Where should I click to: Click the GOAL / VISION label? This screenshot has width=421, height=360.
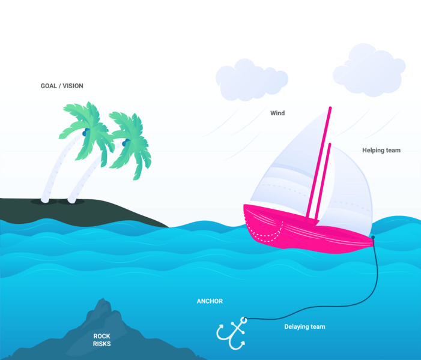(x=62, y=86)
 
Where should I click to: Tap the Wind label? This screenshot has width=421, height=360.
(x=277, y=113)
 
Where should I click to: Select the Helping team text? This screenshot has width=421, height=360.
(x=381, y=150)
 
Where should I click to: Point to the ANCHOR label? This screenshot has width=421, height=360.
(x=210, y=301)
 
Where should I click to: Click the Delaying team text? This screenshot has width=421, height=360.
(x=304, y=327)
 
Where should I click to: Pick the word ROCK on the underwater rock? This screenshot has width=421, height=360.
(x=101, y=336)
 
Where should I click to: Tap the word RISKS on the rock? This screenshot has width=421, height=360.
(x=101, y=344)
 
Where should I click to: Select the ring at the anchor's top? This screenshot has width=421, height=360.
(x=244, y=320)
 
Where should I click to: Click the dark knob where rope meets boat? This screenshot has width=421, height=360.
(x=373, y=238)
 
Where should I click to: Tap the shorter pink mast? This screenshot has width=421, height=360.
(x=323, y=182)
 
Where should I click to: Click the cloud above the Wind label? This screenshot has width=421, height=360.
(x=252, y=80)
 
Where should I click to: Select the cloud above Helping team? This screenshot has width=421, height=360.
(x=369, y=70)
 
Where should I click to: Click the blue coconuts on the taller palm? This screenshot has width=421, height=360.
(x=86, y=132)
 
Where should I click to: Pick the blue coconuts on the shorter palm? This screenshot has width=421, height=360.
(x=126, y=143)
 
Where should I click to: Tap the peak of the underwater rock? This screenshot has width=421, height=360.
(x=103, y=299)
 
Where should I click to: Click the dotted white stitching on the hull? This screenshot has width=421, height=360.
(x=264, y=231)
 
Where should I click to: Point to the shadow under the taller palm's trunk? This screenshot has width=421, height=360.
(x=44, y=202)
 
